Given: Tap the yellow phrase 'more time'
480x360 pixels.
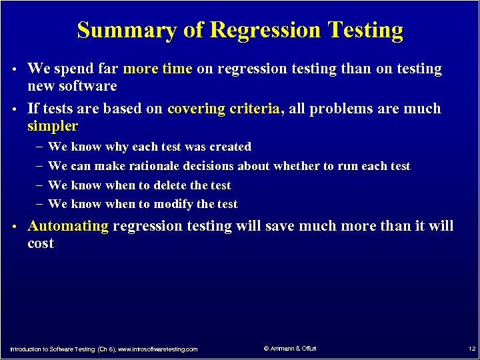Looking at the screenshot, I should tap(158, 69).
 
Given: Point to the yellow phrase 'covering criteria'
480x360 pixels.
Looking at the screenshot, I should tap(223, 109).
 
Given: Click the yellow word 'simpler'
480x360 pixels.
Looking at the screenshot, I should tap(53, 126).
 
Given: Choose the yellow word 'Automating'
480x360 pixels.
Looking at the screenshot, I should tap(68, 226).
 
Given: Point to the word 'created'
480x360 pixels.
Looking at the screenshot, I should tap(228, 147).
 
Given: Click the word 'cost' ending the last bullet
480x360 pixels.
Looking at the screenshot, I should tap(41, 243).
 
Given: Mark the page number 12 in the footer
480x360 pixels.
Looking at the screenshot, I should tap(471, 349).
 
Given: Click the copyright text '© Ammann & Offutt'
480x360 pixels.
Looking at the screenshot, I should tap(291, 349).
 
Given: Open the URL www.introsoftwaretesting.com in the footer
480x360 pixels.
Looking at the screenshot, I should tap(158, 349).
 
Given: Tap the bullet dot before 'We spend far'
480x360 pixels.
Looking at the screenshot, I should tap(15, 69).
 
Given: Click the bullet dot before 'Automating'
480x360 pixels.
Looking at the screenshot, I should tap(15, 227).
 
